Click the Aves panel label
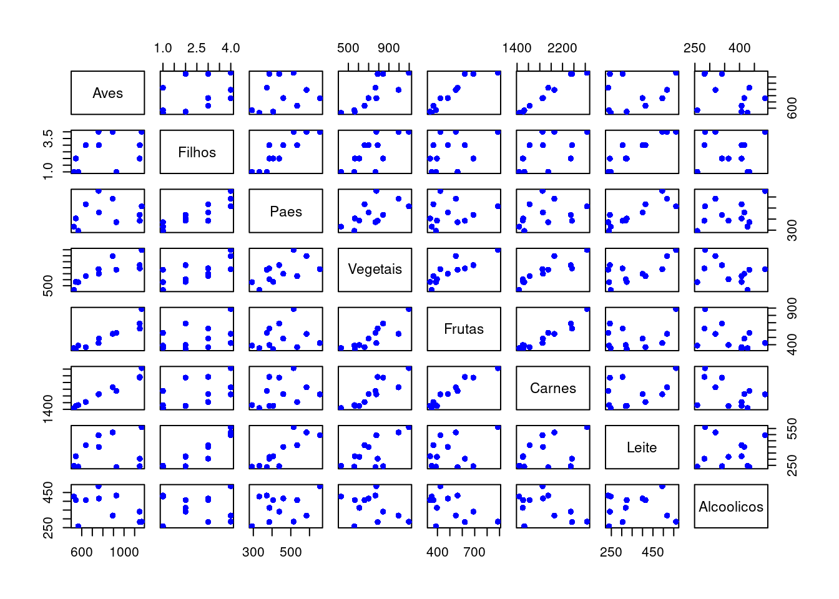pyautogui.click(x=107, y=93)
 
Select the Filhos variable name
pyautogui.click(x=197, y=152)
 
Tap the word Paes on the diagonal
pyautogui.click(x=286, y=212)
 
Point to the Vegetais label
pyautogui.click(x=375, y=269)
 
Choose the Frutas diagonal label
pyautogui.click(x=464, y=329)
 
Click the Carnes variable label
pyautogui.click(x=553, y=388)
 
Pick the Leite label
pyautogui.click(x=642, y=447)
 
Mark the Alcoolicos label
pyautogui.click(x=731, y=507)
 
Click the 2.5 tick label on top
pyautogui.click(x=196, y=48)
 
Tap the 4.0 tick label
pyautogui.click(x=230, y=48)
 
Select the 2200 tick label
pyautogui.click(x=562, y=48)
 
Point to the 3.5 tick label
pyautogui.click(x=48, y=138)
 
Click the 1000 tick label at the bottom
pyautogui.click(x=124, y=552)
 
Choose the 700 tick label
pyautogui.click(x=474, y=552)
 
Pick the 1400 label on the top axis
pyautogui.click(x=517, y=48)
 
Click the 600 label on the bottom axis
pyautogui.click(x=81, y=552)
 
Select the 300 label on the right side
pyautogui.click(x=792, y=231)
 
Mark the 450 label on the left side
pyautogui.click(x=48, y=492)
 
